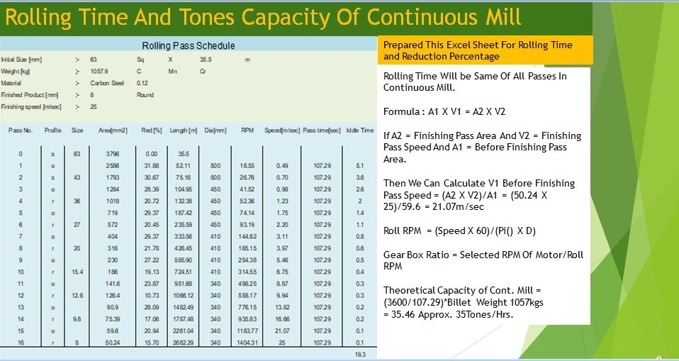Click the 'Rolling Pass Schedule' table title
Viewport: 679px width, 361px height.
[189, 46]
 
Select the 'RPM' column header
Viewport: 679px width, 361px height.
[247, 130]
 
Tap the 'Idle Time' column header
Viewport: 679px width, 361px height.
[359, 130]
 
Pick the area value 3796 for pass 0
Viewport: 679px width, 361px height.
[112, 153]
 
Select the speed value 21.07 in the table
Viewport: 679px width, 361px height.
[282, 330]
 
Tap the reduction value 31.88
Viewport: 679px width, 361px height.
[150, 165]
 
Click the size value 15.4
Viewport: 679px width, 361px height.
[78, 271]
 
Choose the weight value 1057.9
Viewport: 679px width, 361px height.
[99, 72]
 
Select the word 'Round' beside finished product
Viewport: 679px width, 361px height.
[145, 94]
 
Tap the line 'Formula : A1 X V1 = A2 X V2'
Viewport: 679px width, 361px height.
[444, 112]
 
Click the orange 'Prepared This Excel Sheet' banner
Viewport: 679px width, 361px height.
[485, 50]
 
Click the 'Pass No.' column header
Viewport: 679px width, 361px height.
[21, 130]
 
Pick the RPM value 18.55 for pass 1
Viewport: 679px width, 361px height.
[247, 165]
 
